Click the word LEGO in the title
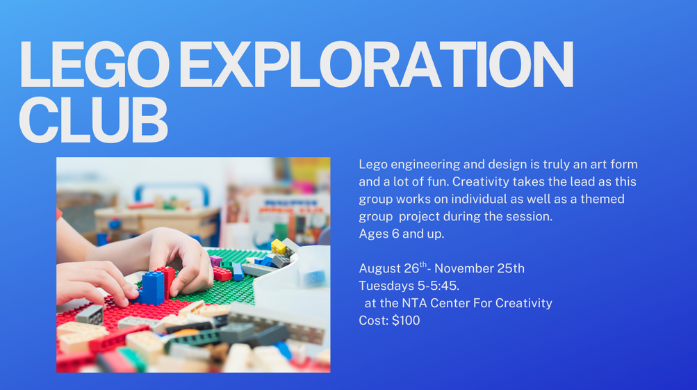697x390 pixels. pyautogui.click(x=95, y=65)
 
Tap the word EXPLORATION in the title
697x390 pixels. pyautogui.click(x=377, y=65)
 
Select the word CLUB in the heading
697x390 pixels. pyautogui.click(x=93, y=120)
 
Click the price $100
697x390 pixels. pyautogui.click(x=406, y=320)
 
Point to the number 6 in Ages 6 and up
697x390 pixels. pyautogui.click(x=395, y=234)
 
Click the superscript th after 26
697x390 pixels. pyautogui.click(x=423, y=265)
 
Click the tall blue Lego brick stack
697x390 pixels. pyautogui.click(x=153, y=289)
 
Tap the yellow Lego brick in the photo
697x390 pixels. pyautogui.click(x=279, y=247)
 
